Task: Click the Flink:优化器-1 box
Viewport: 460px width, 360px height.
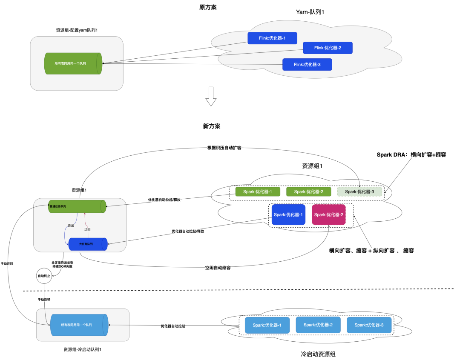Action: coord(272,38)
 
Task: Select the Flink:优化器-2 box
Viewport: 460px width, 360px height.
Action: coord(328,48)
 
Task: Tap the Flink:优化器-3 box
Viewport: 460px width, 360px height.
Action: coord(307,65)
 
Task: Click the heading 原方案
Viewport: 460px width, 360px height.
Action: coord(208,7)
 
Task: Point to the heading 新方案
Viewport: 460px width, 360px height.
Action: coord(212,126)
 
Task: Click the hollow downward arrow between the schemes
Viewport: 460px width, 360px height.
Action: coord(211,96)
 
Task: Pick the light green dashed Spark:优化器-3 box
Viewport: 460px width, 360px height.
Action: coord(359,191)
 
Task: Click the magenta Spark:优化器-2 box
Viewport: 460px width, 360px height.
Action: coord(328,215)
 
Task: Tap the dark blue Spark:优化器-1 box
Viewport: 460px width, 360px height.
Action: coord(288,215)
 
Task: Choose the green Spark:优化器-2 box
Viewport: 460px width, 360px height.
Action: coord(309,191)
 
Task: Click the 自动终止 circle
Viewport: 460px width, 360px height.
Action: coord(44,276)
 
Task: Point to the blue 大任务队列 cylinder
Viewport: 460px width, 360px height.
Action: coord(87,244)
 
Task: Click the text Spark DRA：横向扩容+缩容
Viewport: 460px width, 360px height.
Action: coord(411,155)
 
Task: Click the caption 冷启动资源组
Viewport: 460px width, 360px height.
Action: coord(318,354)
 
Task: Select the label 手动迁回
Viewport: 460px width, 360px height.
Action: coord(7,264)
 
